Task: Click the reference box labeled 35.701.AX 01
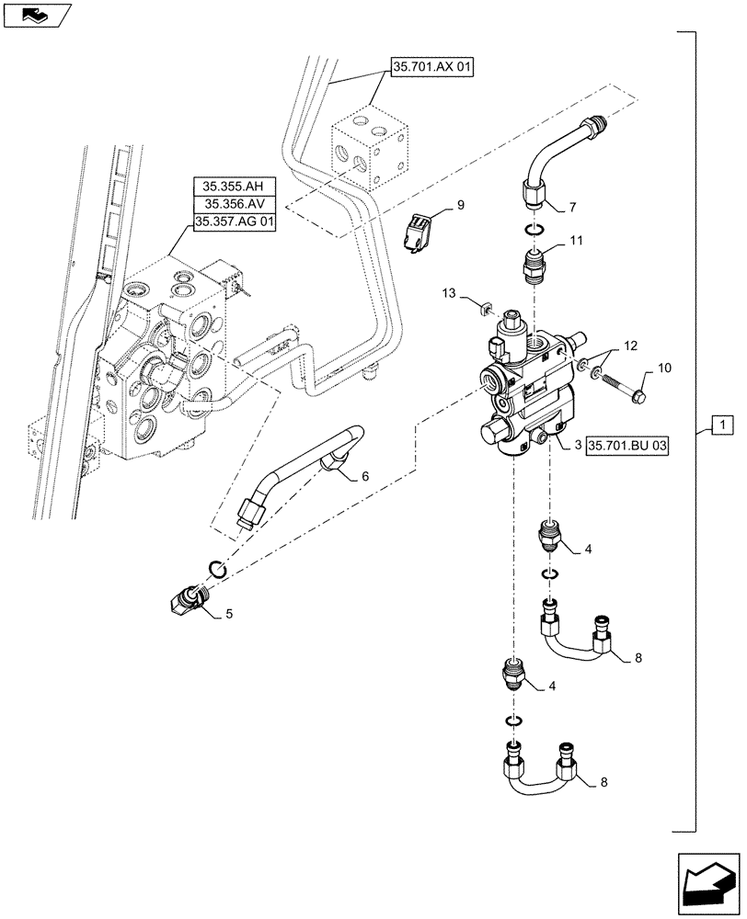[431, 68]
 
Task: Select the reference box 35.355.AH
[234, 187]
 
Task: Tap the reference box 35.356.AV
[234, 204]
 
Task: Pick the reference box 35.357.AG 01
[234, 221]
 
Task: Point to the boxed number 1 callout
[724, 425]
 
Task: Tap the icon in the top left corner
[35, 15]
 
